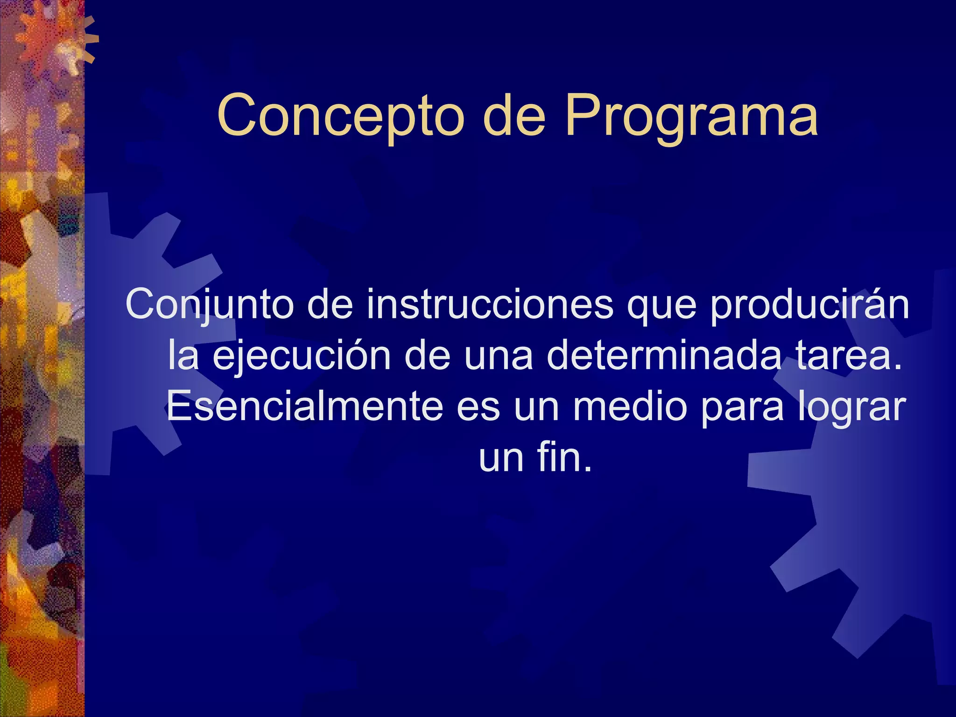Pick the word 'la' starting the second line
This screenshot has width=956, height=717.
pyautogui.click(x=183, y=356)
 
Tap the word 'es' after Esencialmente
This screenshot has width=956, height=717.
pyautogui.click(x=478, y=408)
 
